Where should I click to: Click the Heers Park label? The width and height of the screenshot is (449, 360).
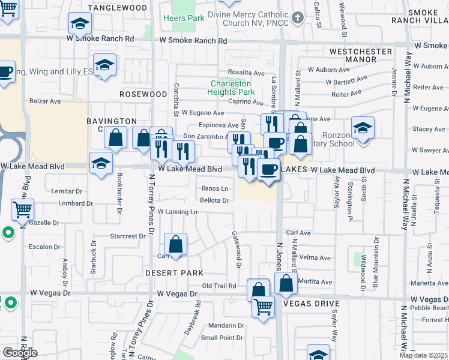click(184, 19)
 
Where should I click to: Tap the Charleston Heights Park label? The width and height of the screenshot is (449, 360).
click(231, 88)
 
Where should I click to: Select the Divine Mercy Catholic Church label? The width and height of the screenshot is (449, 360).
click(248, 18)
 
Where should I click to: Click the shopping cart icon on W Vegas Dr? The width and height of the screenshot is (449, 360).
click(263, 307)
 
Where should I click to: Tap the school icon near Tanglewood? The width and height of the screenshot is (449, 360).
click(79, 24)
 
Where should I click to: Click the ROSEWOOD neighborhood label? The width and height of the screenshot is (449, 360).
click(143, 94)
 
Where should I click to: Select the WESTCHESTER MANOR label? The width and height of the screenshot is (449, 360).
click(361, 56)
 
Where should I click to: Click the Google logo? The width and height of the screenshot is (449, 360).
click(20, 353)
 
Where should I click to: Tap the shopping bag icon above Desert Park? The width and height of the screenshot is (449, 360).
click(175, 245)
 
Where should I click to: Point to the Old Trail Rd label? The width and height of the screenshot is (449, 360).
click(219, 286)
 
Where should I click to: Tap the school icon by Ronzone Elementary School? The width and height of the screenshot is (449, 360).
click(363, 128)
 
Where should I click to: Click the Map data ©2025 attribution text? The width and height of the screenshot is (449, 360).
click(424, 355)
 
